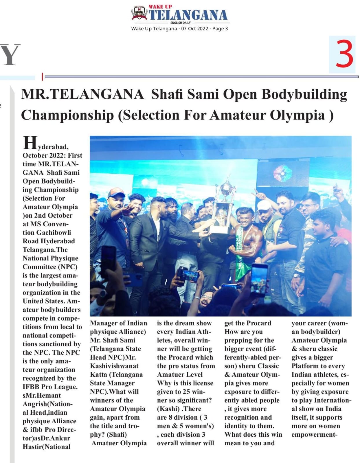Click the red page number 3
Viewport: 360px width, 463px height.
coord(344,54)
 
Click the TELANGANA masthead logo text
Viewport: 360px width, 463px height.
coord(188,15)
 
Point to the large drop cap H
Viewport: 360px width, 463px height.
coord(30,143)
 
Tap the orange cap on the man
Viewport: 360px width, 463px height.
coord(117,192)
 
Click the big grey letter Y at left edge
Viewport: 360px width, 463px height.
coord(10,55)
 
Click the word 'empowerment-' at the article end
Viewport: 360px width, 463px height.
coord(314,435)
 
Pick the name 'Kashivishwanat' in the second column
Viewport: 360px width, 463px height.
coord(114,366)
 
